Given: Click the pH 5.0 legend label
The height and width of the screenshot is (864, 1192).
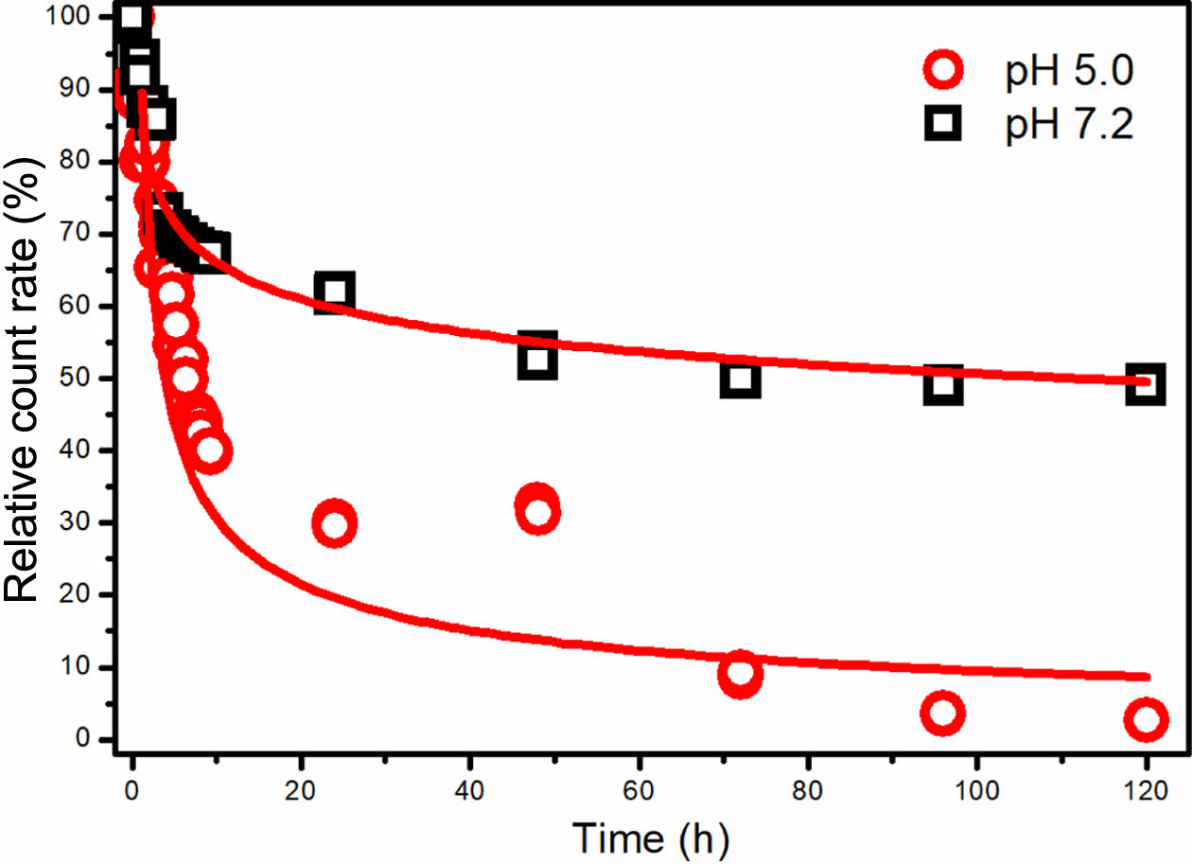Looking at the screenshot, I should (x=1068, y=73).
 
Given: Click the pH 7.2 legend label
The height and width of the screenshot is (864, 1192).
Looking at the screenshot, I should (x=1068, y=125).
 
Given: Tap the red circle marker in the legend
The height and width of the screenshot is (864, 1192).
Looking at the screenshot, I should (x=943, y=72).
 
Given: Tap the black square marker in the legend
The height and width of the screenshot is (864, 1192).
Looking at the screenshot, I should (x=943, y=124).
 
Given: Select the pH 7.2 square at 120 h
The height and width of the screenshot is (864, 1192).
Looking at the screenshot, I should (x=1145, y=384).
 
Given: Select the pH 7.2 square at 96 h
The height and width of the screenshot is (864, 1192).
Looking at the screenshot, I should (x=942, y=384).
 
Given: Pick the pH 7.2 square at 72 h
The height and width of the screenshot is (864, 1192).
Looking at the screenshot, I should (x=740, y=379).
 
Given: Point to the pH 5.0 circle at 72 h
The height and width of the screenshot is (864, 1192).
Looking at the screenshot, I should (x=740, y=674).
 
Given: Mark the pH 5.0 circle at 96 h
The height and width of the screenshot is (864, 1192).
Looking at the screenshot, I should (x=942, y=714).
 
